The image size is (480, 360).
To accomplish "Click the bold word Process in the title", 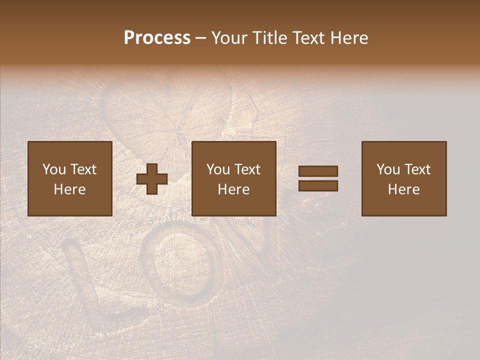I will [157, 38].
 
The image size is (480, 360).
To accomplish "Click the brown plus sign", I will [152, 179].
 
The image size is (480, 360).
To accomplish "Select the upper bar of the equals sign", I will [318, 171].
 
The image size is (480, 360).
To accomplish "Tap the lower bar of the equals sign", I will [318, 186].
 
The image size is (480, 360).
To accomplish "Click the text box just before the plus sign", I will [69, 178].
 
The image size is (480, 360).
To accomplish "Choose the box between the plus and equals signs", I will [233, 178].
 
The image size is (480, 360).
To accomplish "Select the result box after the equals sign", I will [403, 178].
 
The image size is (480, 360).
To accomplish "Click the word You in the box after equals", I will [388, 169].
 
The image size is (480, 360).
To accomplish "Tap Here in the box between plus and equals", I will [233, 189].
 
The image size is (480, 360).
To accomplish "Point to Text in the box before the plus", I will [83, 169].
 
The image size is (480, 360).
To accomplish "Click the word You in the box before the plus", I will [54, 169].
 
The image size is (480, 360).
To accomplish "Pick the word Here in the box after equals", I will [403, 189].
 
